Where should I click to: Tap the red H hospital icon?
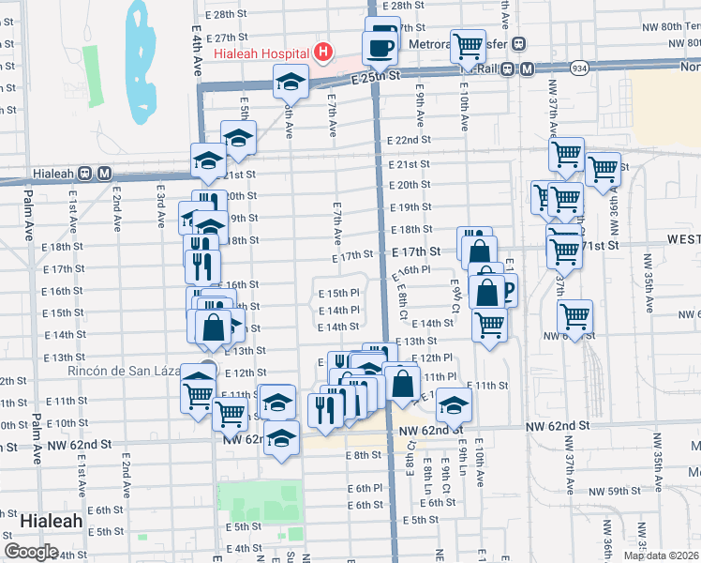tap(321, 52)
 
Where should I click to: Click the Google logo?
tap(31, 552)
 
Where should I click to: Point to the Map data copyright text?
tap(661, 555)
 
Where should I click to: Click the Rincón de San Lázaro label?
tap(123, 371)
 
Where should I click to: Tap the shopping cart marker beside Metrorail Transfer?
tap(467, 45)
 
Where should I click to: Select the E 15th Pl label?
tap(338, 294)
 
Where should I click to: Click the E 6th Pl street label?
tap(365, 489)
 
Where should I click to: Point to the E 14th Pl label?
tap(338, 310)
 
